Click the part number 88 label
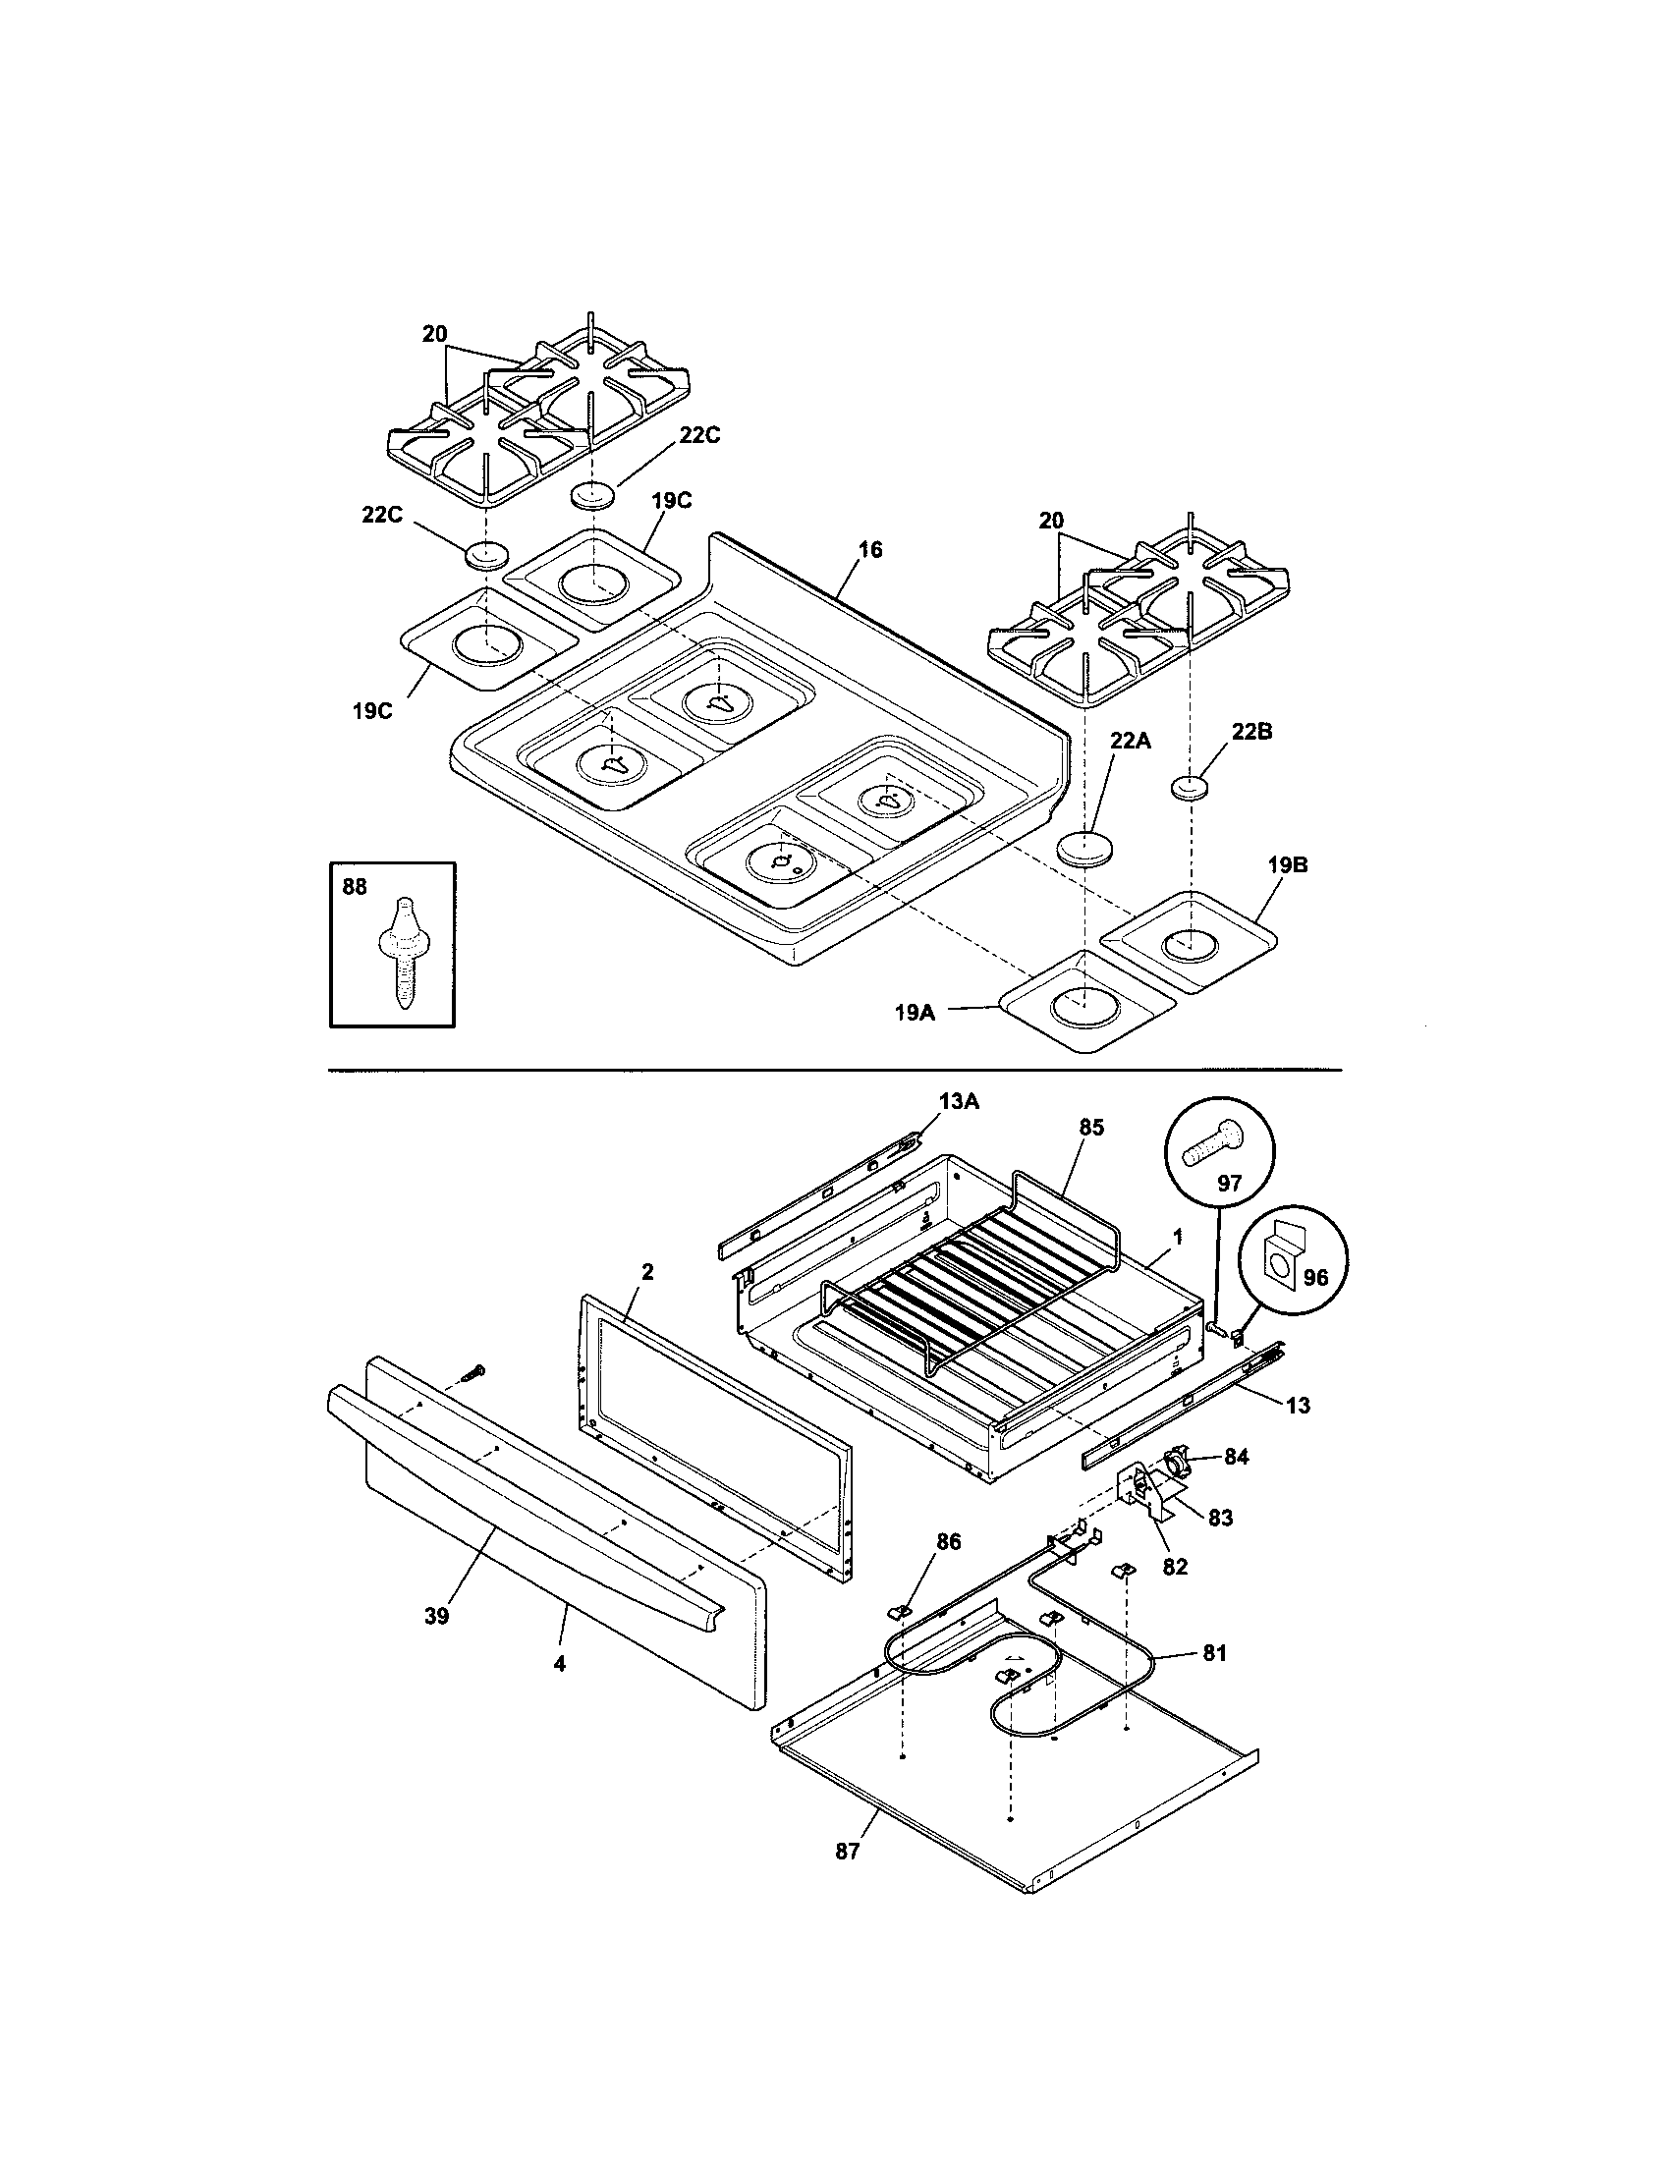tap(355, 888)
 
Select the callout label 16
tap(869, 550)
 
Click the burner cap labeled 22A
tap(1085, 849)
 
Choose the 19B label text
tap(1287, 864)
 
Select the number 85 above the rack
tap(1091, 1127)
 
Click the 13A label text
tap(959, 1102)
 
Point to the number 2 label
tap(647, 1271)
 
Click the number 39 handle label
tap(436, 1616)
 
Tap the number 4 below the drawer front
tap(559, 1664)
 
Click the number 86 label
tap(948, 1540)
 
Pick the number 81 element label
tap(1214, 1651)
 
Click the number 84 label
tap(1236, 1457)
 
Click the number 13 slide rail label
tap(1297, 1404)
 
